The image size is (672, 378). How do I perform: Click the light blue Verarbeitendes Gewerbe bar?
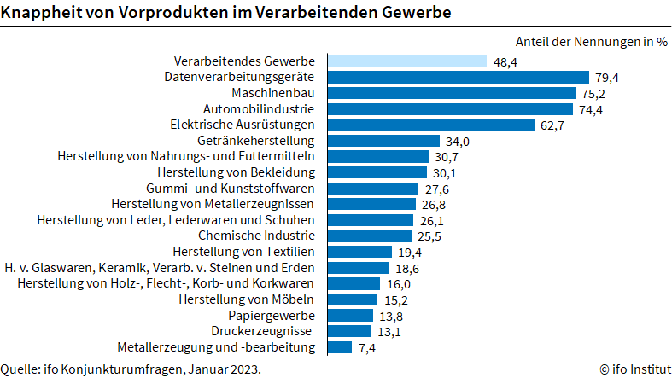[x=407, y=61]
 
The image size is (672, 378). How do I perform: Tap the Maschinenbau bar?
[x=452, y=93]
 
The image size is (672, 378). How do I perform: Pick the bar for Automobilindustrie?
[x=450, y=109]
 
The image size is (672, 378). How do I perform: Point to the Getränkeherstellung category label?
[x=256, y=141]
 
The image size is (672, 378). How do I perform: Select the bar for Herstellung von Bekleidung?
[x=378, y=172]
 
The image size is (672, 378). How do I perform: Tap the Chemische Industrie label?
[x=257, y=235]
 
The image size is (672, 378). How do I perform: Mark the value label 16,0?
[x=399, y=283]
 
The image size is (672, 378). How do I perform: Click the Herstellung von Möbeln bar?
[x=353, y=299]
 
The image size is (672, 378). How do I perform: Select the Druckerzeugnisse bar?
[x=349, y=331]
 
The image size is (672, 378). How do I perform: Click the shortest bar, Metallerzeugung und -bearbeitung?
[x=340, y=346]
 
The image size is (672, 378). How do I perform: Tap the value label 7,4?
[x=368, y=346]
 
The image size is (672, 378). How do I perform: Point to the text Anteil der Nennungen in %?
[x=591, y=41]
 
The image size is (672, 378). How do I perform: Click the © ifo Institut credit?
[x=634, y=369]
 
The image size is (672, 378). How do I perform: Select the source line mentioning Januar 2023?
[x=131, y=369]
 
